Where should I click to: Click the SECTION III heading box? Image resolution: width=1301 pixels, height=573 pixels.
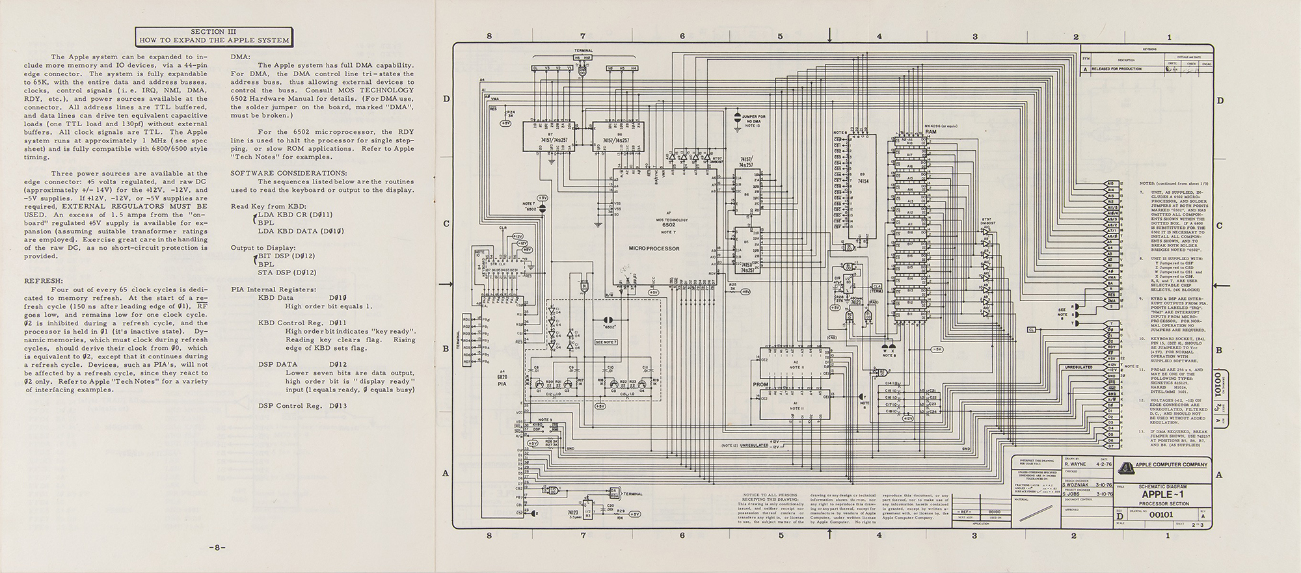pos(213,36)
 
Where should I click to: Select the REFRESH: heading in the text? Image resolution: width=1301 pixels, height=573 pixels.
pos(44,280)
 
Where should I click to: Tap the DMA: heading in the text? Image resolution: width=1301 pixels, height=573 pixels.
pos(241,57)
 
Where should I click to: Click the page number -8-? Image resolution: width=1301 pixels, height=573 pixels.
pos(217,546)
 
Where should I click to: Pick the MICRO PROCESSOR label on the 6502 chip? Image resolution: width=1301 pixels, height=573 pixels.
pos(654,248)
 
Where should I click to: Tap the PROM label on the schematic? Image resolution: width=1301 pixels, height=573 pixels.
pos(760,384)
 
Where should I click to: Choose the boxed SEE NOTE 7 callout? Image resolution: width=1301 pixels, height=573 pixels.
pos(606,341)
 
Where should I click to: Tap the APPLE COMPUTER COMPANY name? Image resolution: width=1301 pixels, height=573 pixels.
pos(1171,464)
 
